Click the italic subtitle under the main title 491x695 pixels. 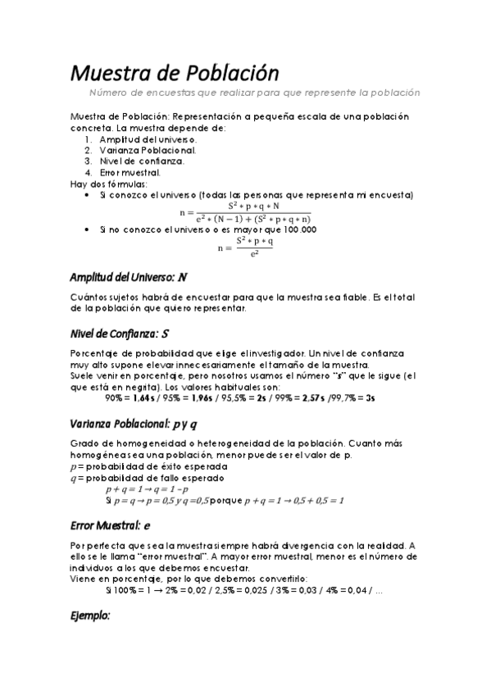(x=254, y=93)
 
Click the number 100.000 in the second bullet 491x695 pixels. (x=298, y=230)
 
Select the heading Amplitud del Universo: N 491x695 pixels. (x=129, y=278)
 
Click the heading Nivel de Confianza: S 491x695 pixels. (x=120, y=334)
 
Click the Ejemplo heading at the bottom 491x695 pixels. (x=90, y=615)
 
